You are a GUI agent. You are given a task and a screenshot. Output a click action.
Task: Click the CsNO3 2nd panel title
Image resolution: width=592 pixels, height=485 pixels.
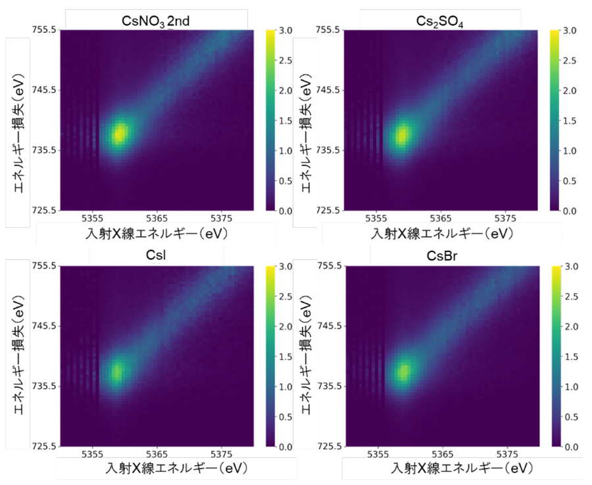click(157, 20)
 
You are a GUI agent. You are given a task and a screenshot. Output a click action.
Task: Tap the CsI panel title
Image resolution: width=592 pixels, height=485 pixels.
click(157, 255)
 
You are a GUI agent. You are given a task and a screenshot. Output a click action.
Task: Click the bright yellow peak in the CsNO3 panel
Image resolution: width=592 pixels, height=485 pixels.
click(119, 134)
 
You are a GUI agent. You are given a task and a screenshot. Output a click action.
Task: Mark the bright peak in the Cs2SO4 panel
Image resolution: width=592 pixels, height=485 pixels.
click(402, 136)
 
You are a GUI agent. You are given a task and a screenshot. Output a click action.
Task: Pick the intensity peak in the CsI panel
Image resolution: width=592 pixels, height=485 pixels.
click(117, 372)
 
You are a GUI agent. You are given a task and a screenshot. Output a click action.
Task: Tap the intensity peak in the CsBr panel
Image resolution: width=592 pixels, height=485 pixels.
click(402, 372)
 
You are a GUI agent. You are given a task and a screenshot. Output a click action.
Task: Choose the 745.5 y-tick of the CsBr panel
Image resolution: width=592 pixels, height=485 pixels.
click(329, 326)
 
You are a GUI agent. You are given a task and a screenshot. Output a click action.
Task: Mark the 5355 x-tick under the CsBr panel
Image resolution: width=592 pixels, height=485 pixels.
click(375, 454)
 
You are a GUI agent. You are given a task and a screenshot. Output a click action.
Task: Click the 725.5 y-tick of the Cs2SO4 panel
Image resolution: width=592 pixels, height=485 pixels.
click(329, 211)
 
